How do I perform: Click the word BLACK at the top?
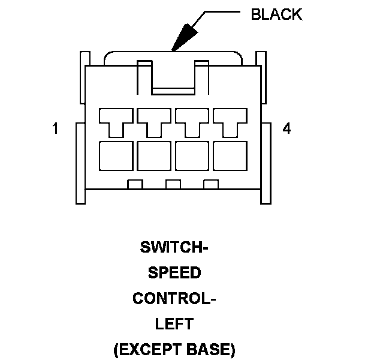coord(276,15)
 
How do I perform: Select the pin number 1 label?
coord(56,128)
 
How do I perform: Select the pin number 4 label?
coord(287,128)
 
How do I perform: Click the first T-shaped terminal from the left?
coord(116,121)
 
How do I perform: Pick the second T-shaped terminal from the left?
coord(154,121)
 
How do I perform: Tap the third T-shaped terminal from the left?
coord(192,121)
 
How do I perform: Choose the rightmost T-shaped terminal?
coord(230,121)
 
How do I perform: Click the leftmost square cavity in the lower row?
coord(116,156)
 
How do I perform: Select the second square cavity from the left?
coord(154,156)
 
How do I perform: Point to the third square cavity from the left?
coord(192,156)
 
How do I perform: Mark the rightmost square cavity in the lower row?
coord(230,156)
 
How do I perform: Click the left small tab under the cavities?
coord(135,184)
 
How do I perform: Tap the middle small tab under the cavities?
coord(173,184)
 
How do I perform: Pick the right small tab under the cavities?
coord(210,184)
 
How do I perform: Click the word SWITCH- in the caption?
coord(174,247)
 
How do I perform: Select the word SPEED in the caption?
coord(174,272)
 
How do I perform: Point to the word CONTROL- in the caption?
coord(174,298)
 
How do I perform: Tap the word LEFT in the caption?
coord(174,324)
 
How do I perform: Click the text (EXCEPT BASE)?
coord(174,349)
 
